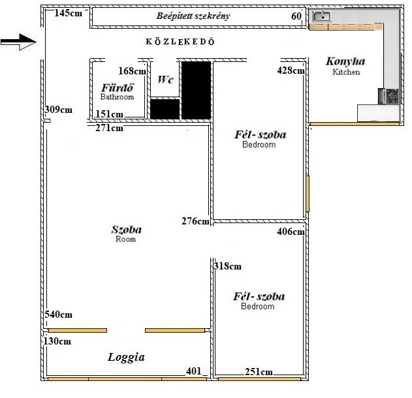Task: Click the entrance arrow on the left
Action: click(18, 42)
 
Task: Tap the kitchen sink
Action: click(322, 16)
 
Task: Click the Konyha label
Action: click(345, 61)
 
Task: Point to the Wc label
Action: click(166, 80)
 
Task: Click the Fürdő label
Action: click(117, 87)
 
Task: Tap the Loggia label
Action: click(126, 358)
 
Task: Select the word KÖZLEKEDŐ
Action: click(180, 42)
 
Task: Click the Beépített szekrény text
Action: click(193, 16)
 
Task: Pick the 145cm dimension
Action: click(69, 13)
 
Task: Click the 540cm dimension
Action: click(58, 314)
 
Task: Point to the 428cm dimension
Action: click(291, 70)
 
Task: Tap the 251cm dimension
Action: click(259, 372)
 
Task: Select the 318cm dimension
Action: click(227, 266)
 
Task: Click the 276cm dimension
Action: click(195, 221)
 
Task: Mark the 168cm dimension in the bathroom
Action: click(132, 71)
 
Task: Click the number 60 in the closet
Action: click(296, 16)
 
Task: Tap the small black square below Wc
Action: click(165, 109)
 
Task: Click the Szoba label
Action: click(127, 230)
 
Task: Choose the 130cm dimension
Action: click(57, 341)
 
